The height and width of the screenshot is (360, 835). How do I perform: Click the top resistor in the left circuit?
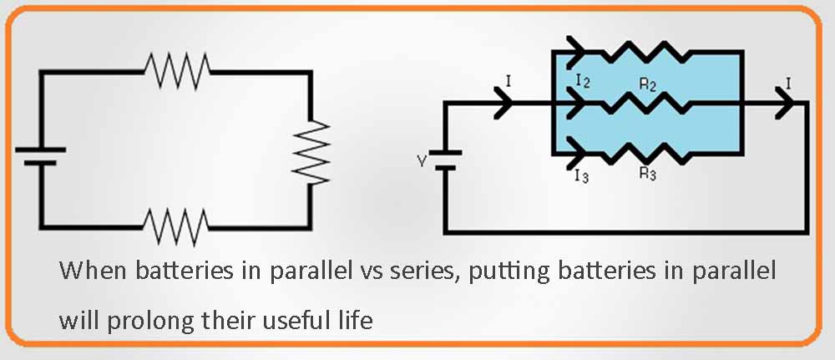pyautogui.click(x=176, y=71)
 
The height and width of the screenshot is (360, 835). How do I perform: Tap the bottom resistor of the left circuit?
pyautogui.click(x=176, y=224)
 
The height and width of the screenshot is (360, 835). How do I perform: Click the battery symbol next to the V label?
pyautogui.click(x=446, y=160)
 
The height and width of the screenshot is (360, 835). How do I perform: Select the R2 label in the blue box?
pyautogui.click(x=647, y=86)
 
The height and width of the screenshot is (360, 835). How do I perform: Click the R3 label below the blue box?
pyautogui.click(x=647, y=174)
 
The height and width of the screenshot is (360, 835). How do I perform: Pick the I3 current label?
pyautogui.click(x=581, y=175)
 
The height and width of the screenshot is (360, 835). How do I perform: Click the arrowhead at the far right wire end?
pyautogui.click(x=785, y=104)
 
